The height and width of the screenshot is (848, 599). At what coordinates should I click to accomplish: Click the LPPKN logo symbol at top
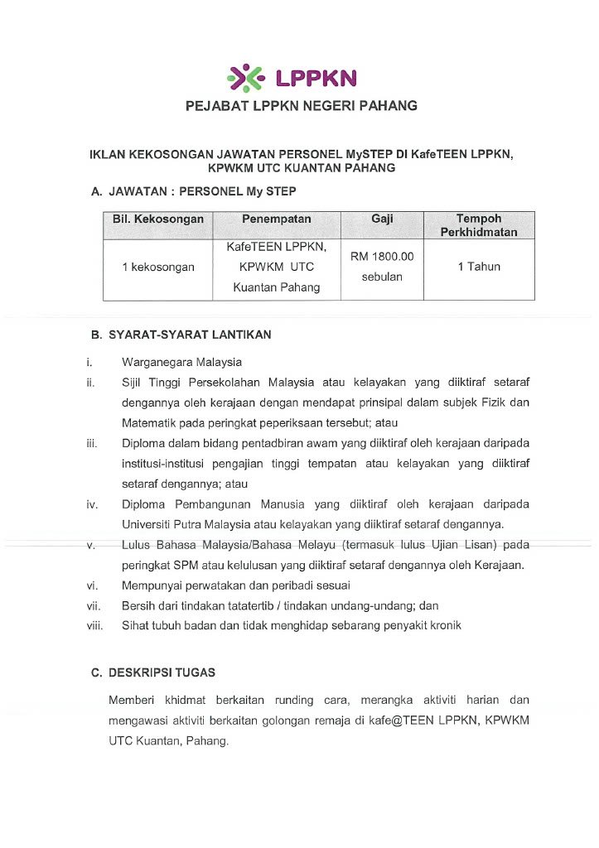[246, 79]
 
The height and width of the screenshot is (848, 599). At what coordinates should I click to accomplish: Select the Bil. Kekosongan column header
[157, 219]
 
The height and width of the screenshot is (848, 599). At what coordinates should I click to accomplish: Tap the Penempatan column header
[277, 219]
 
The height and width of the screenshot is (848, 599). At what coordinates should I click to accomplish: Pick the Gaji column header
[382, 219]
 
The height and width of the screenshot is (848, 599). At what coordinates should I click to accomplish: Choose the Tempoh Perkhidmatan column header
[479, 225]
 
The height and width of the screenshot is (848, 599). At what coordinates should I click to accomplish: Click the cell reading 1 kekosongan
[157, 267]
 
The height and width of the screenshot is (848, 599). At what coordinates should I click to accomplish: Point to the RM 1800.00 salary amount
[382, 257]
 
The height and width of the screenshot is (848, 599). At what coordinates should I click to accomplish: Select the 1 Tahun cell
[479, 267]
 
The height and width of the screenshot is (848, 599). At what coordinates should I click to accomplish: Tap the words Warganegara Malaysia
[181, 362]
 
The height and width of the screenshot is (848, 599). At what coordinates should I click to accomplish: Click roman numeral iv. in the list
[92, 504]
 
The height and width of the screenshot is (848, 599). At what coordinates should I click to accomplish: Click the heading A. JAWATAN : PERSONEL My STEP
[193, 191]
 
